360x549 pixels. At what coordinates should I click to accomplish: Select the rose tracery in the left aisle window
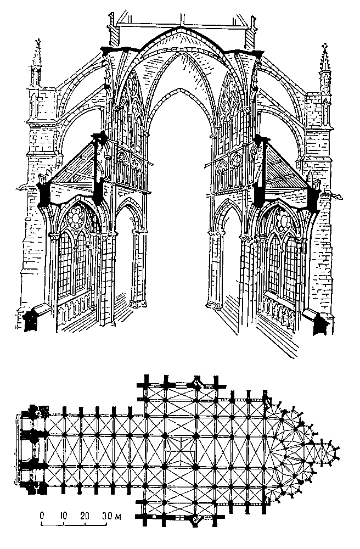[76, 217]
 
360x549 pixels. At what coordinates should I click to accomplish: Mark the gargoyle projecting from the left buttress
[22, 188]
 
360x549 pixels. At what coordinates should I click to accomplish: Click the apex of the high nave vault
[180, 27]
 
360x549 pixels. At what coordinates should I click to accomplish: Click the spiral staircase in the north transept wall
[198, 383]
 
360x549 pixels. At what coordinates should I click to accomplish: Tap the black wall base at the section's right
[320, 324]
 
